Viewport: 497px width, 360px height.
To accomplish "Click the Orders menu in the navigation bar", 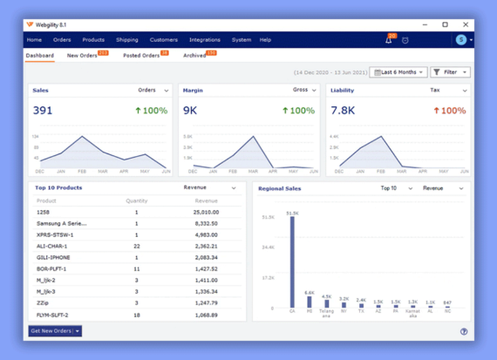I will click(62, 40).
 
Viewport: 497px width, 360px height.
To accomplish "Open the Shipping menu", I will click(127, 40).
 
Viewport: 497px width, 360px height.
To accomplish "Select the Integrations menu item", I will click(205, 40).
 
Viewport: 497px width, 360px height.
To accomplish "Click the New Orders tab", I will click(83, 56).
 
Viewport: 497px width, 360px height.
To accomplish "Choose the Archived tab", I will click(194, 56).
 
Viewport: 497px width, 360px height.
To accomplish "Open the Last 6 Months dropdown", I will click(398, 72).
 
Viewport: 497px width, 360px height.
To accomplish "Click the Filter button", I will click(450, 72).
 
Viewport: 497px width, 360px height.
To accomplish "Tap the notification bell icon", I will click(389, 40).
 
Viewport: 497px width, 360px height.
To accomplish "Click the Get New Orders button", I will click(55, 331).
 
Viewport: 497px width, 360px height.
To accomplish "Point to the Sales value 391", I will click(43, 111).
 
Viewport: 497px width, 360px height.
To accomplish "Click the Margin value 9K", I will click(190, 111).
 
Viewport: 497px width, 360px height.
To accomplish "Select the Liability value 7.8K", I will click(342, 111).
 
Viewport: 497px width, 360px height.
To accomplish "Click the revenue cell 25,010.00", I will click(206, 212).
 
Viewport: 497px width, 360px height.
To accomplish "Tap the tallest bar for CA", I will click(292, 262).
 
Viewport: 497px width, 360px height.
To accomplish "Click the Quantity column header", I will click(136, 200).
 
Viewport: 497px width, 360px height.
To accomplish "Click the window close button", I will click(465, 24).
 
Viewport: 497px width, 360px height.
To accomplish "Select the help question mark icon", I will click(464, 332).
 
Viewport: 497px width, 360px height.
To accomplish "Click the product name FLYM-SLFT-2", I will click(52, 315).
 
